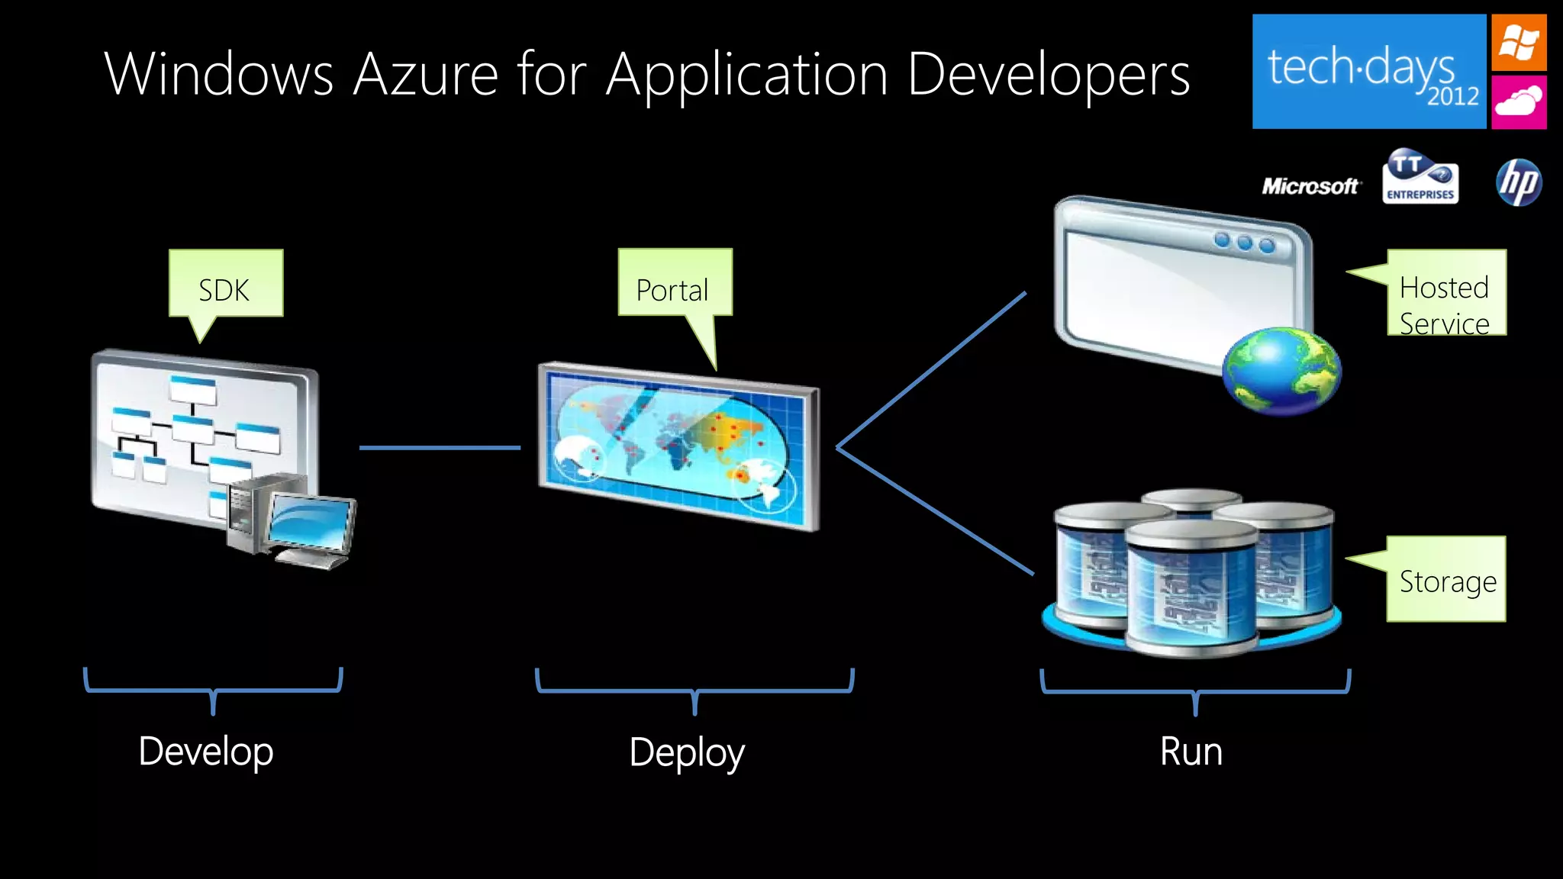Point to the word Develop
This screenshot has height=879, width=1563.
coord(206,751)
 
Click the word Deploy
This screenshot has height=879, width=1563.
coord(687,752)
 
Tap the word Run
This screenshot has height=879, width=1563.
coord(1191,751)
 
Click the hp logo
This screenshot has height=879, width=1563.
coord(1518,183)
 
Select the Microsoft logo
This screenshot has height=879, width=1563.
coord(1310,186)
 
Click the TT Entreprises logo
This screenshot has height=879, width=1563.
coord(1420,178)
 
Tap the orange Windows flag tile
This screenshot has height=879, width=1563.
coord(1519,43)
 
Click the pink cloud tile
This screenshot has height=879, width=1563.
coord(1519,101)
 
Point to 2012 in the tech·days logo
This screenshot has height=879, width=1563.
coord(1452,97)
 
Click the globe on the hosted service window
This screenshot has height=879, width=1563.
coord(1281,371)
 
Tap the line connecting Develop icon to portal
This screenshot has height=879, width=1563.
coord(440,448)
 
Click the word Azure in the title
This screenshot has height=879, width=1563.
coord(425,75)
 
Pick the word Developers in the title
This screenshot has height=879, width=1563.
coord(1049,75)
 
